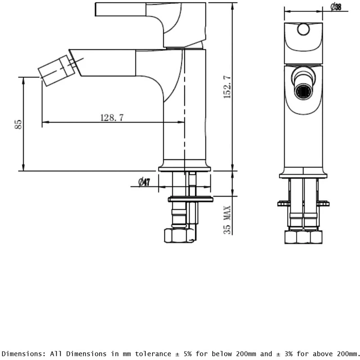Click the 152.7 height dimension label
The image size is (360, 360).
tap(227, 87)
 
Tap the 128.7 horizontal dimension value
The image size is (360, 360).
tap(112, 117)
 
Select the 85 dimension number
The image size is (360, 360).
tap(18, 124)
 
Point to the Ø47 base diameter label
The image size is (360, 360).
tap(144, 182)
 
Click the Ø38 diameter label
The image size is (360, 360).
tap(336, 7)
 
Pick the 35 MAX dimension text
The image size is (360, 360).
tap(227, 220)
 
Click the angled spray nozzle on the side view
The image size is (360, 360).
tap(57, 71)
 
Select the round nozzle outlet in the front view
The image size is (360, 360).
tap(303, 92)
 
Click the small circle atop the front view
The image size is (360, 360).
tap(303, 29)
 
